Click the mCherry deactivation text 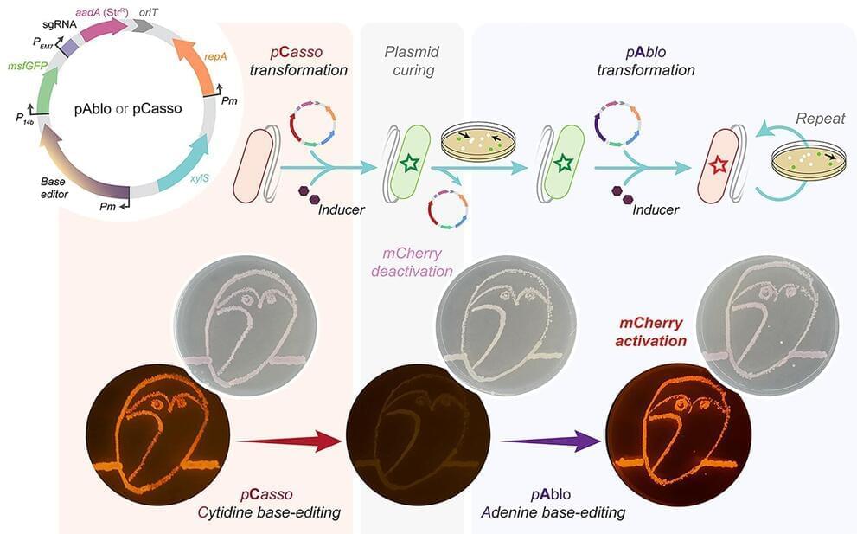coord(412,262)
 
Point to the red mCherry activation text coord(650,331)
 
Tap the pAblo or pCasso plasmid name coord(129,109)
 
